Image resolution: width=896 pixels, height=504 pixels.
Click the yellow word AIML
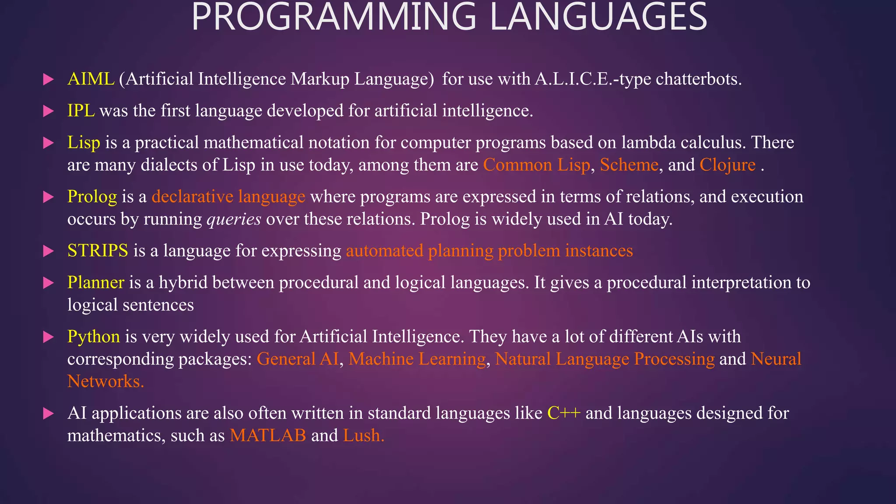pyautogui.click(x=91, y=79)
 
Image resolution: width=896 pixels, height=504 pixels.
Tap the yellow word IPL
pyautogui.click(x=81, y=111)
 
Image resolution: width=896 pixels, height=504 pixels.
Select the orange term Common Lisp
pyautogui.click(x=536, y=165)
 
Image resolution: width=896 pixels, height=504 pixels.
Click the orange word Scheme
pyautogui.click(x=629, y=165)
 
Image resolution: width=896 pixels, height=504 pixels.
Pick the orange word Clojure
pyautogui.click(x=727, y=165)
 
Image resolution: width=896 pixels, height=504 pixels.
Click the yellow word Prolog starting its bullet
pyautogui.click(x=92, y=197)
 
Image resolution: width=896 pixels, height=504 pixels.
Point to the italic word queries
pyautogui.click(x=234, y=219)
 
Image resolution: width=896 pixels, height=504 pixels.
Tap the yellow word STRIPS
pyautogui.click(x=98, y=251)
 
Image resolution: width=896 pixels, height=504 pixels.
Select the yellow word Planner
pyautogui.click(x=95, y=283)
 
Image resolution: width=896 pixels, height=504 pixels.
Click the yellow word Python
pyautogui.click(x=93, y=337)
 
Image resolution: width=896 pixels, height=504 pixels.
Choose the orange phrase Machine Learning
pyautogui.click(x=417, y=359)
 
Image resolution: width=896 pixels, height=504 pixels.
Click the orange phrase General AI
pyautogui.click(x=297, y=359)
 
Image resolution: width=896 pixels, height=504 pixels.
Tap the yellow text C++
pyautogui.click(x=564, y=413)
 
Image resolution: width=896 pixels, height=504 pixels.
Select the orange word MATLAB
pyautogui.click(x=268, y=435)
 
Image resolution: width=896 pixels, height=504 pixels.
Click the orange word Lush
pyautogui.click(x=363, y=435)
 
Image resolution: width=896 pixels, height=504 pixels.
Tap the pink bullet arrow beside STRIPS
pyautogui.click(x=48, y=251)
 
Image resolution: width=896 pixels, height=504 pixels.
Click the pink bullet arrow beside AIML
pyautogui.click(x=48, y=80)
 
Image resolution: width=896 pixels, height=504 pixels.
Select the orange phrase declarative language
pyautogui.click(x=228, y=197)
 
